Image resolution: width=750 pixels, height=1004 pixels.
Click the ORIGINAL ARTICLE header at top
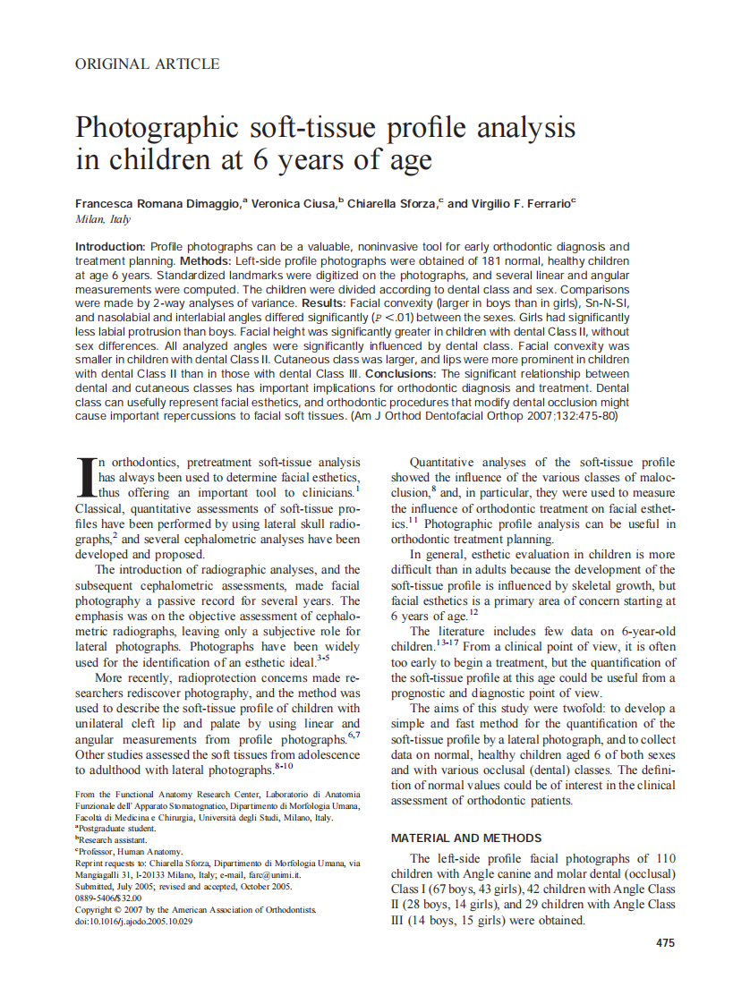pyautogui.click(x=147, y=64)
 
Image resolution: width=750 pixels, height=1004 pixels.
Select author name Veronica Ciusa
pyautogui.click(x=291, y=203)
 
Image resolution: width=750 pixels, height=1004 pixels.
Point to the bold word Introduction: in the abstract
pyautogui.click(x=110, y=246)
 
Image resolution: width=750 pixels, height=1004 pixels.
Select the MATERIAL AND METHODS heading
pyautogui.click(x=466, y=838)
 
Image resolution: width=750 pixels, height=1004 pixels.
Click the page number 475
pyautogui.click(x=665, y=942)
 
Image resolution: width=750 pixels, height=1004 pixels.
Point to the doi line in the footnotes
pyautogui.click(x=134, y=921)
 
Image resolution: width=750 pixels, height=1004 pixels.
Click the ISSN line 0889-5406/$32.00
pyautogui.click(x=108, y=898)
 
